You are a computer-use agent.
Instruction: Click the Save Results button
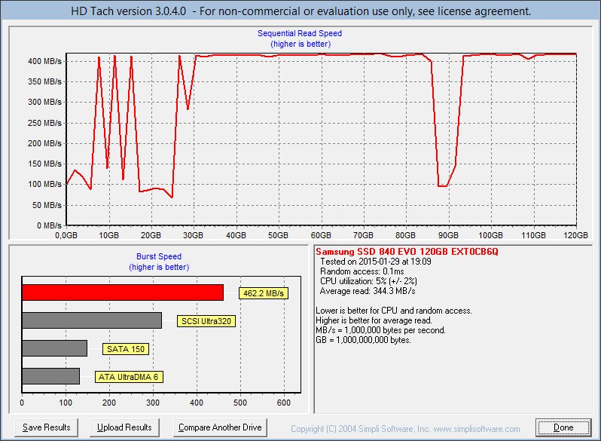pos(47,427)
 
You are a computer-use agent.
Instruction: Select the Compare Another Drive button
pos(220,427)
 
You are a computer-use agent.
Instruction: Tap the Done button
pos(563,427)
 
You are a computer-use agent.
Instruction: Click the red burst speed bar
pos(123,292)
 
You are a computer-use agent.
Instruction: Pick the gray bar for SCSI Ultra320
pos(92,320)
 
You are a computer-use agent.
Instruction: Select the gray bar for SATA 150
pos(55,348)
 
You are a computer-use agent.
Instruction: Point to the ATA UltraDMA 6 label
pos(129,377)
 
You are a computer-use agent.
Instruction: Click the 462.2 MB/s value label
pos(264,293)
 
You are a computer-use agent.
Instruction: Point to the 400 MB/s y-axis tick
pos(44,61)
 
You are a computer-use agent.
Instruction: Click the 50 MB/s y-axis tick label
pos(47,205)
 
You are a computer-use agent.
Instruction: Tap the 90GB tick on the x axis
pos(448,235)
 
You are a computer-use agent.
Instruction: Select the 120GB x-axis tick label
pos(575,235)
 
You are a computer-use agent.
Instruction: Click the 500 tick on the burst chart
pos(240,403)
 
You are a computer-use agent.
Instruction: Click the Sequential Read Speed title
pos(300,33)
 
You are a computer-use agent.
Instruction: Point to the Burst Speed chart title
pos(159,256)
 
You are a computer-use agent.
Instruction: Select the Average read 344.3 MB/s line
pos(368,291)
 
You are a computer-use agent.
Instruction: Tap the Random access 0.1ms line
pos(362,271)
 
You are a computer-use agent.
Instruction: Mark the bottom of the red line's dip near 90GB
pos(443,186)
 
